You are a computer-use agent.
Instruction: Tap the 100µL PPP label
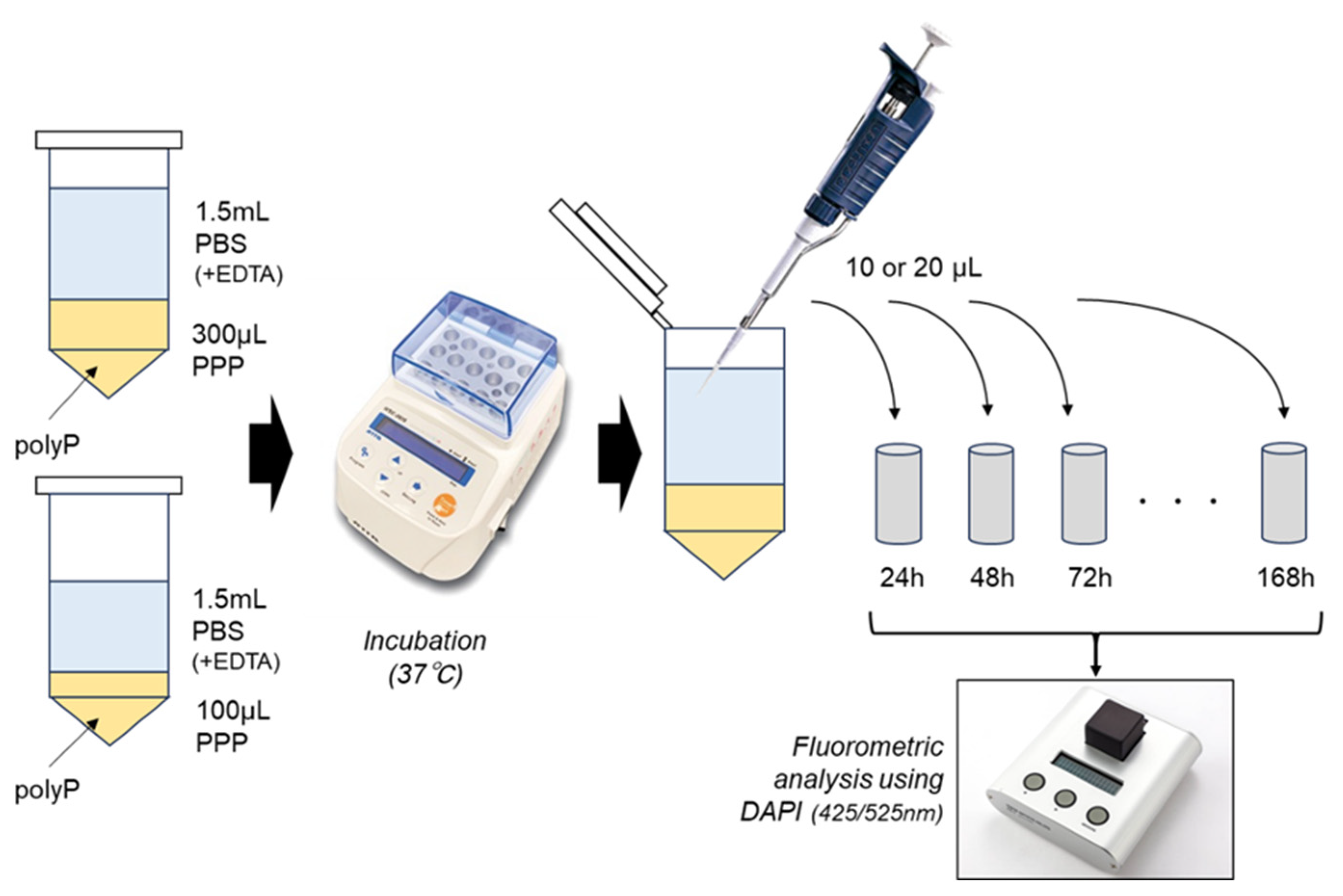[x=232, y=727]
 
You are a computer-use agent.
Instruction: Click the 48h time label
[x=991, y=578]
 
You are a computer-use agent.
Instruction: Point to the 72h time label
[x=1089, y=578]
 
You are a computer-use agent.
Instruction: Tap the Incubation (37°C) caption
[x=425, y=658]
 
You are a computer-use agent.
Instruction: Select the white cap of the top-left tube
[x=109, y=140]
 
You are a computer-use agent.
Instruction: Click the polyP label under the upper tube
[x=47, y=444]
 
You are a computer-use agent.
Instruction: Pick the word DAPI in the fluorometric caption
[x=770, y=812]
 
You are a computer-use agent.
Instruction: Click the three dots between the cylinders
[x=1178, y=501]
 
